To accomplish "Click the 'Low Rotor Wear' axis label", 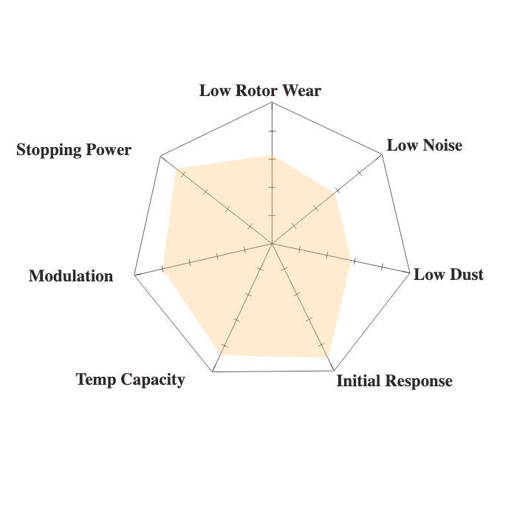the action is [260, 91].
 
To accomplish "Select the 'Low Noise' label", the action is [425, 145].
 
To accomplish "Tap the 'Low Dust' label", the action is [448, 275].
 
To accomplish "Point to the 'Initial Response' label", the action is [394, 381].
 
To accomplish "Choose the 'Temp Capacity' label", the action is [130, 380].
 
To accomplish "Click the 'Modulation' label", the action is [71, 276].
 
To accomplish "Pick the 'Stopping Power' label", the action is [74, 150].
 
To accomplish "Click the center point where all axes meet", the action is [272, 244].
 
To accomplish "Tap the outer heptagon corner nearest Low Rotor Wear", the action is [272, 103].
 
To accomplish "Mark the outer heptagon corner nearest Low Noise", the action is [382, 154].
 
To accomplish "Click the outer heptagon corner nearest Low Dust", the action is [409, 273].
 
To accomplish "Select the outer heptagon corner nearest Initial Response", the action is [334, 371].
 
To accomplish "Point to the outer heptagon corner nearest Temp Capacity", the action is [213, 372].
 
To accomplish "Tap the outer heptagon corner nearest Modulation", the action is [134, 274].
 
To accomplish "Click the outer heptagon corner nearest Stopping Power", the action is [160, 157].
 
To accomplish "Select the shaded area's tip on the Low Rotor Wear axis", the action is [272, 156].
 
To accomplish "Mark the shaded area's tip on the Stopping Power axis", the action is [176, 168].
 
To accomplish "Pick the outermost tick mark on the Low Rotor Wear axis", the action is [272, 131].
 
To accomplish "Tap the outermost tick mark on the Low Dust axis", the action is [382, 267].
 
